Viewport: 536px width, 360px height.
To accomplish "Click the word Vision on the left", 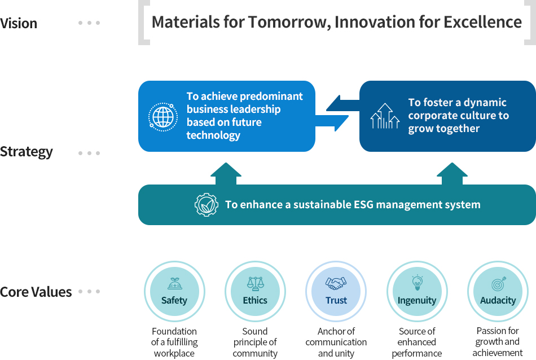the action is coord(19,23).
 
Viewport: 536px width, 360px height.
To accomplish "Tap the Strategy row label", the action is coord(27,152).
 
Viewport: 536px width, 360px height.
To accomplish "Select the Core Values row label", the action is coord(36,292).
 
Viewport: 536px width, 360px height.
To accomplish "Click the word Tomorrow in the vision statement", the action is coord(289,22).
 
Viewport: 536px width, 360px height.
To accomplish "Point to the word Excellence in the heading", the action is coord(482,22).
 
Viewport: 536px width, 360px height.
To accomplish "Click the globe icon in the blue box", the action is coord(163,117).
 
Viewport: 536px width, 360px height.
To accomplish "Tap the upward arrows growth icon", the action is coord(385,116).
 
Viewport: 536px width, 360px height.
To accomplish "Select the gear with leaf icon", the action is coord(207,204).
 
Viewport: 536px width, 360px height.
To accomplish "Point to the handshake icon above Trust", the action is coord(336,283).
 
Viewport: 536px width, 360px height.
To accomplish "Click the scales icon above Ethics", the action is coord(256,283).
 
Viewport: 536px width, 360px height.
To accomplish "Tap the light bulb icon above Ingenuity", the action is coord(417,283).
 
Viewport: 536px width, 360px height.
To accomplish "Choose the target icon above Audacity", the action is coord(498,284).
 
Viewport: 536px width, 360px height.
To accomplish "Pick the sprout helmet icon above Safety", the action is coord(175,283).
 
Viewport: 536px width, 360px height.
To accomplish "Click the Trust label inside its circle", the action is coord(336,300).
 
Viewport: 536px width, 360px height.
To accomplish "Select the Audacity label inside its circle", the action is coord(498,301).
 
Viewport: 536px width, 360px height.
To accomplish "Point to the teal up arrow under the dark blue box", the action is coord(452,174).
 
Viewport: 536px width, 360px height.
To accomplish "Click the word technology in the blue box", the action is coord(213,135).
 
